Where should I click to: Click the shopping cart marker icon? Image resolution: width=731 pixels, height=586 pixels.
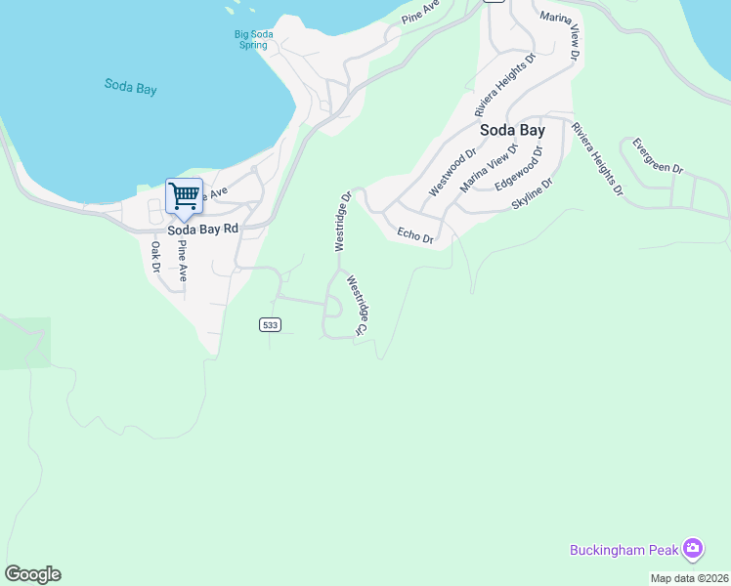pyautogui.click(x=184, y=197)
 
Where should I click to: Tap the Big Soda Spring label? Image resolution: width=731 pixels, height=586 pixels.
pyautogui.click(x=253, y=40)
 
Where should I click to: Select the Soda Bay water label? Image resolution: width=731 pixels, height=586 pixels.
pyautogui.click(x=131, y=86)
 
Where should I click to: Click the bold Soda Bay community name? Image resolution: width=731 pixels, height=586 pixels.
pyautogui.click(x=511, y=129)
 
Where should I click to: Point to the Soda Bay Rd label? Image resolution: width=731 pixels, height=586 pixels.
pyautogui.click(x=202, y=230)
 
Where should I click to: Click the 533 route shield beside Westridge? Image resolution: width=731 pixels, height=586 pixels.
pyautogui.click(x=271, y=325)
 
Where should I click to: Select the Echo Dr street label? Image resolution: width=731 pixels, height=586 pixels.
pyautogui.click(x=415, y=234)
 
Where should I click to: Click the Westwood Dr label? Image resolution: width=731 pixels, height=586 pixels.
pyautogui.click(x=451, y=172)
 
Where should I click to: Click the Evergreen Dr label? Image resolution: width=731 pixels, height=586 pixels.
pyautogui.click(x=657, y=155)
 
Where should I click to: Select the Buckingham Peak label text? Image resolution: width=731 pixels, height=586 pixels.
pyautogui.click(x=622, y=550)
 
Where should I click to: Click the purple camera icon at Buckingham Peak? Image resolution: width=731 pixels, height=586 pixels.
pyautogui.click(x=693, y=549)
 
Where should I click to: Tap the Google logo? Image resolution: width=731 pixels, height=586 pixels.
pyautogui.click(x=32, y=574)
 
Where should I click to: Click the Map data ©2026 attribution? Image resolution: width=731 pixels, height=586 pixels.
pyautogui.click(x=690, y=578)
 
